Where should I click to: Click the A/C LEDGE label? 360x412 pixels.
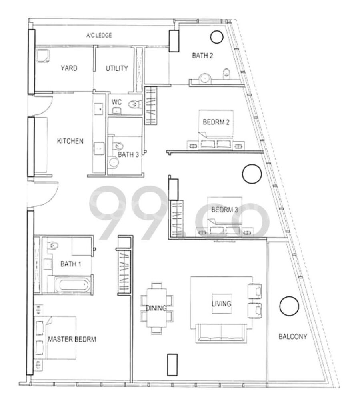coord(99,35)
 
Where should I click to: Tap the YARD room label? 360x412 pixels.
coord(69,68)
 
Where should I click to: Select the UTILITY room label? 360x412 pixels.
coord(117,68)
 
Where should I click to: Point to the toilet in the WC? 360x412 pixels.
coord(134,104)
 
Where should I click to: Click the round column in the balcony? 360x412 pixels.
coord(289,306)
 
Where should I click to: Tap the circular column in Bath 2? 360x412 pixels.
coord(217,36)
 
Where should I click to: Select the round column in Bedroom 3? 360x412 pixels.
coord(252,174)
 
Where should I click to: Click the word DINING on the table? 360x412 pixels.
coord(156,308)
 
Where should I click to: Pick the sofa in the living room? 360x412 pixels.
coord(221,333)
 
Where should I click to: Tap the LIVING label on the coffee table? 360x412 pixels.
coord(222,304)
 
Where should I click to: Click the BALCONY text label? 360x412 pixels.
coord(293,336)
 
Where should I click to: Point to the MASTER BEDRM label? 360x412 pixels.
coord(72,339)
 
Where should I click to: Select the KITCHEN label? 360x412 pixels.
coord(70,141)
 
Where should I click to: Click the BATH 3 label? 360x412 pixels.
coord(128,154)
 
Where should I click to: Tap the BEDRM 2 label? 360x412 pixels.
coord(216,122)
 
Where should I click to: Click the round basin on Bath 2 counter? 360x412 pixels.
coord(205,78)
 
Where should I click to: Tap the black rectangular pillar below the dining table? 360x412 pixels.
coord(172,365)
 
